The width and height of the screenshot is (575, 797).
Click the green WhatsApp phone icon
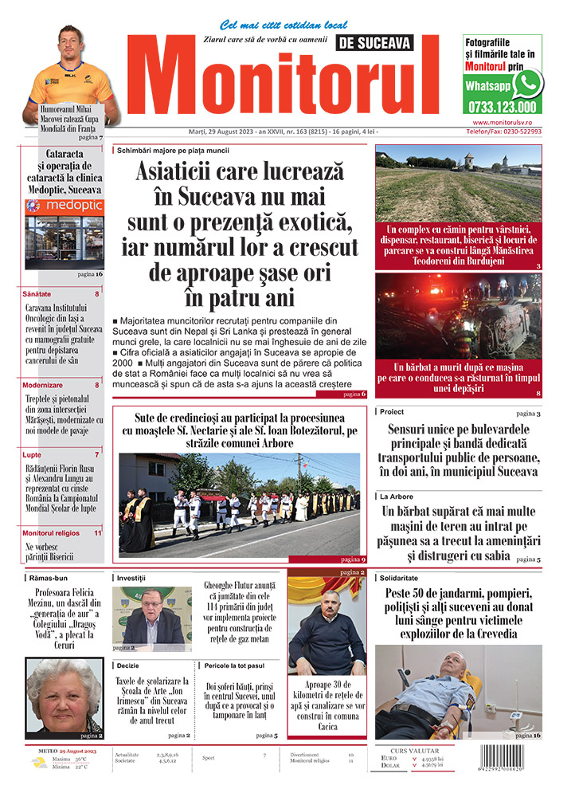[x=527, y=84]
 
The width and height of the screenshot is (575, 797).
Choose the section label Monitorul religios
[x=51, y=532]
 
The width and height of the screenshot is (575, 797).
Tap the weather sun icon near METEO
[x=39, y=763]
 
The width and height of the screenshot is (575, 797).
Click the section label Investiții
[x=136, y=577]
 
